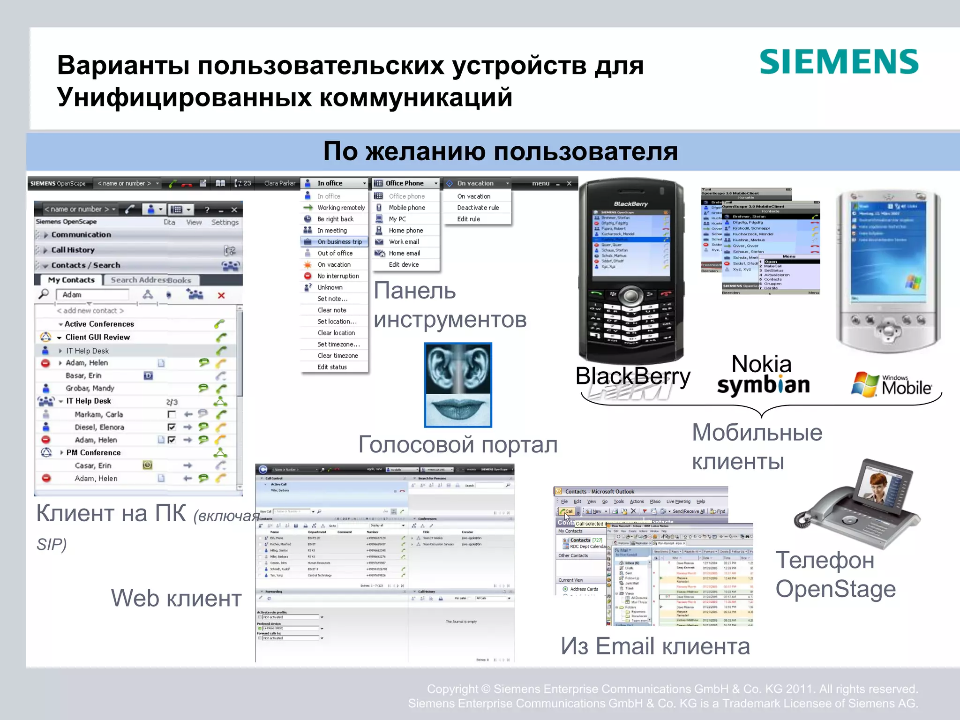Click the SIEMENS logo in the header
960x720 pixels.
[x=839, y=62]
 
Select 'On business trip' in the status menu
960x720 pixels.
[x=339, y=242]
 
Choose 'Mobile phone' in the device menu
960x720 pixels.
[x=407, y=208]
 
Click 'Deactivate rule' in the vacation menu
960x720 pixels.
[x=478, y=208]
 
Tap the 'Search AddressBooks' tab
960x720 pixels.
[x=150, y=280]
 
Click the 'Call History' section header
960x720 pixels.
[x=73, y=250]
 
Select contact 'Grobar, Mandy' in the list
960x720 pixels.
[x=90, y=388]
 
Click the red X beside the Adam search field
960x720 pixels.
[x=221, y=295]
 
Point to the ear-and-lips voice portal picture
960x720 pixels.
[x=457, y=385]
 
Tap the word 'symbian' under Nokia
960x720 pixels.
[x=763, y=385]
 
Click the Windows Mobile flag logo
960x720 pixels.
[x=864, y=384]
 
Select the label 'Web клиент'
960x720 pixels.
[x=176, y=598]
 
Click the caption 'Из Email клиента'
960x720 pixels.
[x=655, y=646]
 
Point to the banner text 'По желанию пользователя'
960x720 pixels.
[x=500, y=151]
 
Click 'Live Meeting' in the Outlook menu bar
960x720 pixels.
[x=678, y=502]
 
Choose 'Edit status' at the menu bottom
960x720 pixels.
[x=332, y=367]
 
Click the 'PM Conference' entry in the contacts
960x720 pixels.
[x=93, y=452]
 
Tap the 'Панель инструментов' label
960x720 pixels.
[x=450, y=305]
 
